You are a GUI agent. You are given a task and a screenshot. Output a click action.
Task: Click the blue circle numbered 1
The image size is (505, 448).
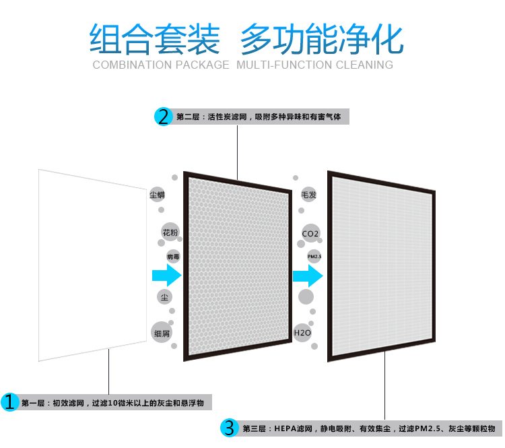tap(9, 403)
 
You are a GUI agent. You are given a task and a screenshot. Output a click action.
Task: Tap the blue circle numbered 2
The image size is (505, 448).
tap(164, 117)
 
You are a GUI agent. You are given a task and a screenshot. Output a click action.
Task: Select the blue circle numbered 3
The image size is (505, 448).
tap(230, 428)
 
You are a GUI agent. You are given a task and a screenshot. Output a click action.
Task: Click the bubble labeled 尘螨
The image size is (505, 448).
tap(157, 195)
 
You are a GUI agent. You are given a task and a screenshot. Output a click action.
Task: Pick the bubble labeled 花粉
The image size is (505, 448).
tap(170, 232)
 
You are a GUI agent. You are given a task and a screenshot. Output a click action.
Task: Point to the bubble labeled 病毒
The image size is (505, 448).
tap(173, 257)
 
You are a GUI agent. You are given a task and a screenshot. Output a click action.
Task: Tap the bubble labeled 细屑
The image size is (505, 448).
tap(162, 333)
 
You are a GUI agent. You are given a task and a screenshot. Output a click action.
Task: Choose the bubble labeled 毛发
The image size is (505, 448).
tap(309, 195)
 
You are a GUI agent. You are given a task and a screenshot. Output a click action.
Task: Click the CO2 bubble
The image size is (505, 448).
tap(310, 233)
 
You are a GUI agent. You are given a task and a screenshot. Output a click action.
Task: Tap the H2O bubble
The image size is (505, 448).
tap(302, 333)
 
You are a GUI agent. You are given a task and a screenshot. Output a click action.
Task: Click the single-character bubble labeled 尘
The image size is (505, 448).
tap(164, 296)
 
